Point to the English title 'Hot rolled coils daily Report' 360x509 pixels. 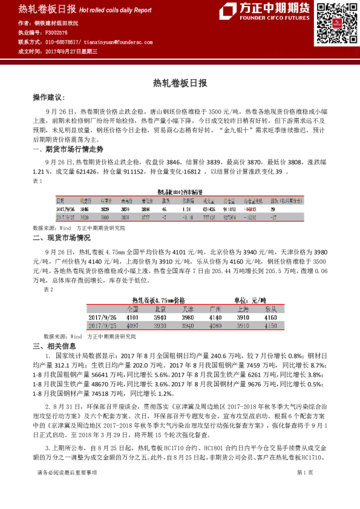click(115, 10)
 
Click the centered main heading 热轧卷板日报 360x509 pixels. click(180, 83)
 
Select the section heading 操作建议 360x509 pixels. click(48, 97)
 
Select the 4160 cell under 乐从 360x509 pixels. click(270, 317)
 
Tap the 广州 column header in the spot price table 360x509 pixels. click(215, 308)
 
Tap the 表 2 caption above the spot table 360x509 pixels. click(49, 290)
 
